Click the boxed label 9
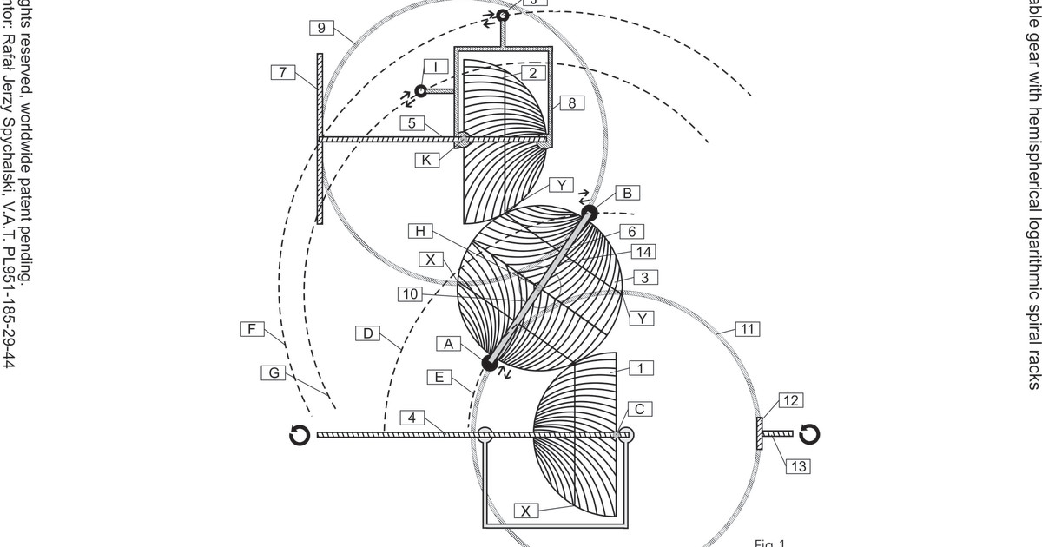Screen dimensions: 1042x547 pyautogui.click(x=321, y=29)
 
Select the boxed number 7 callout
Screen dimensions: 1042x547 pyautogui.click(x=283, y=72)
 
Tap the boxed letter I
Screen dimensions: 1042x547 pyautogui.click(x=436, y=67)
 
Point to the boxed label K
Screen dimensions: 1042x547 pyautogui.click(x=425, y=160)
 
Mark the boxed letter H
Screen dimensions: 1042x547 pyautogui.click(x=421, y=231)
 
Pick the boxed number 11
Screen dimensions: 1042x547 pyautogui.click(x=748, y=328)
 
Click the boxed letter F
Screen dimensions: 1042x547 pyautogui.click(x=252, y=329)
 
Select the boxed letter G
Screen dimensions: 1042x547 pyautogui.click(x=274, y=372)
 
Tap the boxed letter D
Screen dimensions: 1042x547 pyautogui.click(x=368, y=333)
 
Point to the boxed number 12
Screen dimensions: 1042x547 pyautogui.click(x=790, y=400)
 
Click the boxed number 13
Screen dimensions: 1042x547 pyautogui.click(x=798, y=466)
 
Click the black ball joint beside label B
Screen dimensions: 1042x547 pyautogui.click(x=589, y=211)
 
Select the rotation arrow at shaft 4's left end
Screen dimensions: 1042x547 pyautogui.click(x=300, y=435)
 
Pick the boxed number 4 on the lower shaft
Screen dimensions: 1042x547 pyautogui.click(x=414, y=418)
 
